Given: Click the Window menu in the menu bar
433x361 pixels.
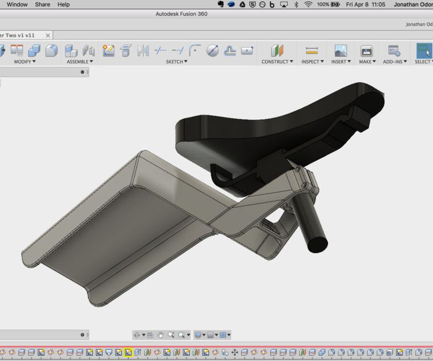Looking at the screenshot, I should click(x=17, y=4).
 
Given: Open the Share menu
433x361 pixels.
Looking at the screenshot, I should click(x=43, y=4).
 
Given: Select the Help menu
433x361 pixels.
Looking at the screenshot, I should click(x=64, y=4).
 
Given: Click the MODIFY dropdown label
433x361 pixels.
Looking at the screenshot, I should click(x=24, y=61).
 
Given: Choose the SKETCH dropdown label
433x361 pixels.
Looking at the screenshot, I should click(x=176, y=61).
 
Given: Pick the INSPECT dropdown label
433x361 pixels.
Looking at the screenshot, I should click(x=312, y=61).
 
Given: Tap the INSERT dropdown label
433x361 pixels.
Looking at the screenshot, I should click(x=340, y=61).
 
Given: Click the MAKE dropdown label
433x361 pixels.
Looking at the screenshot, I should click(x=367, y=61).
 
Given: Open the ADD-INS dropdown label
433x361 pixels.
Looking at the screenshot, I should click(x=395, y=61).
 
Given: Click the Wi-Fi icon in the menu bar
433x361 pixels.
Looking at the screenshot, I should click(x=308, y=4).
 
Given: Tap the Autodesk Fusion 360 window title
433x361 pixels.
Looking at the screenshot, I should click(x=182, y=14).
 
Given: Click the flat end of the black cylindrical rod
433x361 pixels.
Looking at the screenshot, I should click(x=317, y=243).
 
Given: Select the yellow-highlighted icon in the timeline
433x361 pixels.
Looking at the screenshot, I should click(x=128, y=352).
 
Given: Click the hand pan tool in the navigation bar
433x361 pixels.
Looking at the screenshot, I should click(x=161, y=335).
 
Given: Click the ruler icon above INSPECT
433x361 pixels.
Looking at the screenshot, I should click(x=312, y=51).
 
